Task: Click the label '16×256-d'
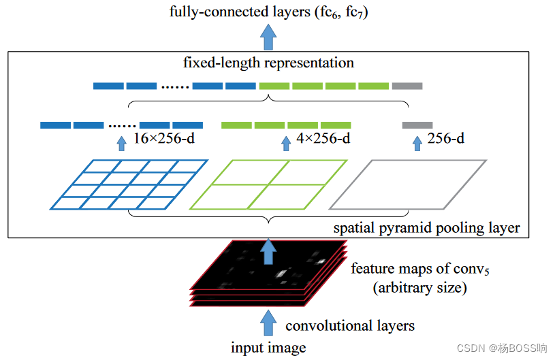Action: [x=163, y=138]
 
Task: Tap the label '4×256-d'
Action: [x=323, y=138]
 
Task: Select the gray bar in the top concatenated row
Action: [x=407, y=86]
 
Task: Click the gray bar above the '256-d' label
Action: [x=417, y=125]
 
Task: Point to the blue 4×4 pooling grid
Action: [x=129, y=184]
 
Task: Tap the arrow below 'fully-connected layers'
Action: [x=268, y=37]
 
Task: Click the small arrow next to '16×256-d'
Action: [x=122, y=144]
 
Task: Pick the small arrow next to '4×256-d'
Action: [x=286, y=144]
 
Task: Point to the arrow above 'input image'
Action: [x=268, y=323]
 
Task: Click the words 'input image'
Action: [x=268, y=348]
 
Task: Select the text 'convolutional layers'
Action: [x=350, y=325]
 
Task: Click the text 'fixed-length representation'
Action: [x=268, y=63]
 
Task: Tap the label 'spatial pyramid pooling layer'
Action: [x=427, y=227]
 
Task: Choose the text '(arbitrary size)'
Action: [x=419, y=288]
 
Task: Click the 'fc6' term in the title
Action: [x=330, y=12]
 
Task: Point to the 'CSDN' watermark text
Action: [x=471, y=348]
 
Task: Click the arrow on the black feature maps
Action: [x=268, y=251]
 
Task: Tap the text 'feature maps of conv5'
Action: [x=420, y=269]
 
